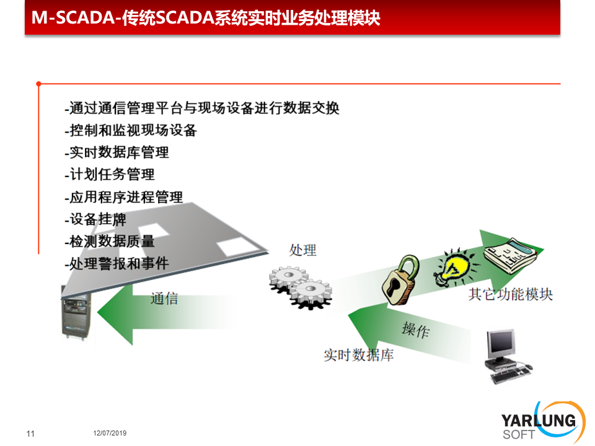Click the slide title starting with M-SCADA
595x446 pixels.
pyautogui.click(x=206, y=17)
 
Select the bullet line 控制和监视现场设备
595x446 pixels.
pyautogui.click(x=131, y=130)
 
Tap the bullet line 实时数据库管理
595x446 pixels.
pyautogui.click(x=117, y=152)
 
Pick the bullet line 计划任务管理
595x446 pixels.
pyautogui.click(x=110, y=175)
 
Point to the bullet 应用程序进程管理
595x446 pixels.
pyautogui.click(x=124, y=197)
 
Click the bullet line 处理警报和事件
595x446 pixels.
pyautogui.click(x=117, y=263)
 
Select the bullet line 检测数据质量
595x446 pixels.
pyautogui.click(x=110, y=241)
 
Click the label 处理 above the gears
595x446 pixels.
pyautogui.click(x=302, y=250)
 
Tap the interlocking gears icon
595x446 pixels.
pyautogui.click(x=301, y=287)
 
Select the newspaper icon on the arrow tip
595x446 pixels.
pyautogui.click(x=511, y=255)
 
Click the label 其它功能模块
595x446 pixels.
pyautogui.click(x=510, y=294)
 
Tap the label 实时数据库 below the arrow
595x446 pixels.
pyautogui.click(x=359, y=355)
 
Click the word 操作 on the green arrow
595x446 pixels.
pyautogui.click(x=416, y=330)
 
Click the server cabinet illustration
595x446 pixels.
pyautogui.click(x=76, y=313)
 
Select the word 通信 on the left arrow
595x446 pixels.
pyautogui.click(x=164, y=299)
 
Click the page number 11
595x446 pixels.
pyautogui.click(x=30, y=434)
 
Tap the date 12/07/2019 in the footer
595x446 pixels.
pyautogui.click(x=110, y=433)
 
